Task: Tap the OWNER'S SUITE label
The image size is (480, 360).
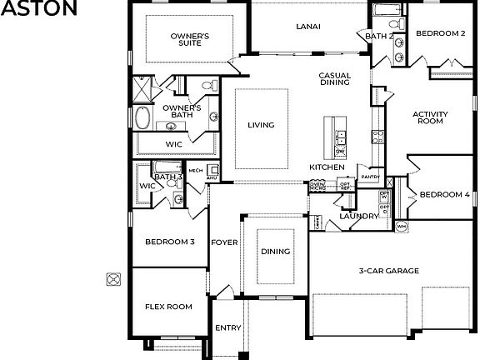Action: click(x=190, y=40)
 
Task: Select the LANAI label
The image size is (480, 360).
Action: click(x=308, y=26)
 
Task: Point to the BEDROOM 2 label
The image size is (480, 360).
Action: click(x=440, y=34)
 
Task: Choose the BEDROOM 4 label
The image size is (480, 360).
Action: click(x=444, y=195)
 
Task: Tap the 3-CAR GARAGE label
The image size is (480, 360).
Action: click(x=388, y=271)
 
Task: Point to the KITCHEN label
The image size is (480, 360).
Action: click(x=327, y=167)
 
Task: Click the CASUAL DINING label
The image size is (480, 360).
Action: click(x=334, y=79)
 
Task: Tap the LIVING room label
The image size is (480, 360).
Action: click(x=261, y=126)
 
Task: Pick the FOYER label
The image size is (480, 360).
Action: click(x=224, y=242)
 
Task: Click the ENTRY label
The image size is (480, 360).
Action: click(x=227, y=327)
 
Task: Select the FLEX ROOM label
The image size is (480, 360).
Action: click(x=168, y=307)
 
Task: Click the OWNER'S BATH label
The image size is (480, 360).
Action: click(x=182, y=111)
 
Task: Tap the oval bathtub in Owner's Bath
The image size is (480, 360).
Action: click(x=143, y=117)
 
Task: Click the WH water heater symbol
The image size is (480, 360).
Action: click(x=401, y=226)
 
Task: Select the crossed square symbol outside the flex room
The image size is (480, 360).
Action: click(x=113, y=279)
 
